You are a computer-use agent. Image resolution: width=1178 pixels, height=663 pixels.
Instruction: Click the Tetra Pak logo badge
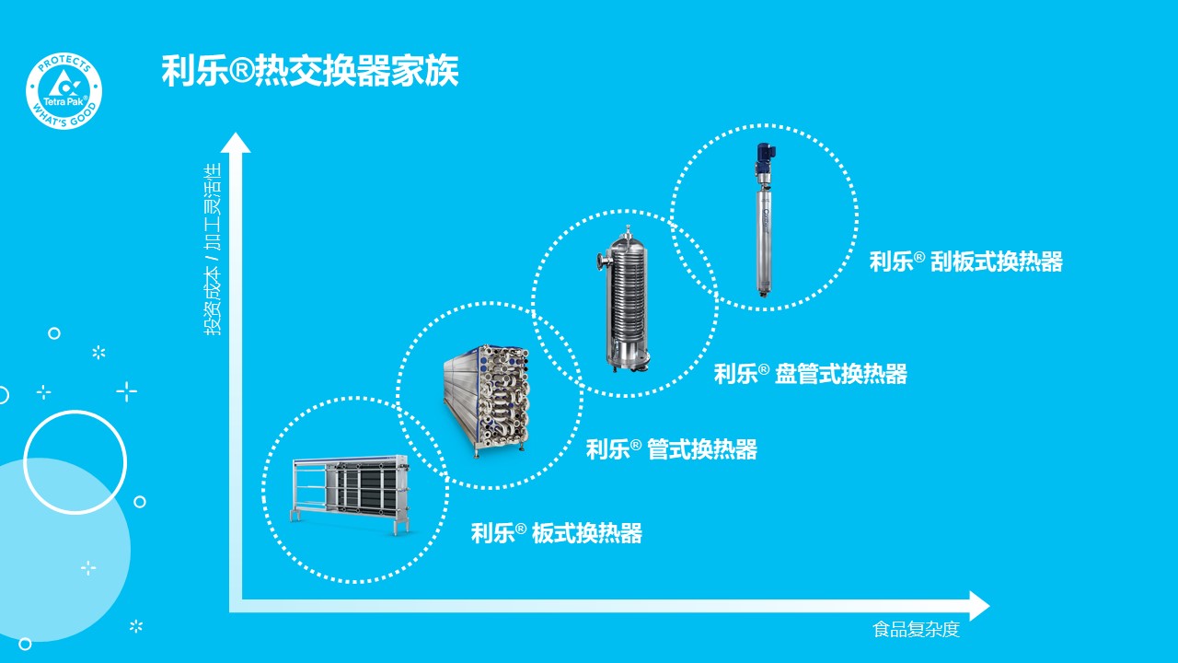pos(64,91)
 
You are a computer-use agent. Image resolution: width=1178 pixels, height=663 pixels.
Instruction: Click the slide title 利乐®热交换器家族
pos(309,71)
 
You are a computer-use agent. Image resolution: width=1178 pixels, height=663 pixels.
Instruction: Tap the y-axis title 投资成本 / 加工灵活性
pos(214,250)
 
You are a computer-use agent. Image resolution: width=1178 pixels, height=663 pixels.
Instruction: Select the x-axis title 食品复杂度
pos(916,630)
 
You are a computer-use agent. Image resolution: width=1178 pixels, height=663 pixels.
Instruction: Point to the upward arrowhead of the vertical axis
pos(236,144)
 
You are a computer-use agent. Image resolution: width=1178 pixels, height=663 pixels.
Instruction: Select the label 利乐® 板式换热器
pos(556,533)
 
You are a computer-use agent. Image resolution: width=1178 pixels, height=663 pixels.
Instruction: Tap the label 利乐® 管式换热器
pos(671,449)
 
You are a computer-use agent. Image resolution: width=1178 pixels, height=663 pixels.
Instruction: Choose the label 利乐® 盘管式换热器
pos(810,374)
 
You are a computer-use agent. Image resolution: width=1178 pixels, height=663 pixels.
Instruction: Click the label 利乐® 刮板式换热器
pos(965,262)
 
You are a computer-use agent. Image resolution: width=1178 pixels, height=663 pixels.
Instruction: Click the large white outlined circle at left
pos(75,462)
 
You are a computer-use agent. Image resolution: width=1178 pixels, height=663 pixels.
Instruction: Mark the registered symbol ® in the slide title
pos(241,72)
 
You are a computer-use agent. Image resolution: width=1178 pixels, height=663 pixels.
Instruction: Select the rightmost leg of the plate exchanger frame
pos(403,526)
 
